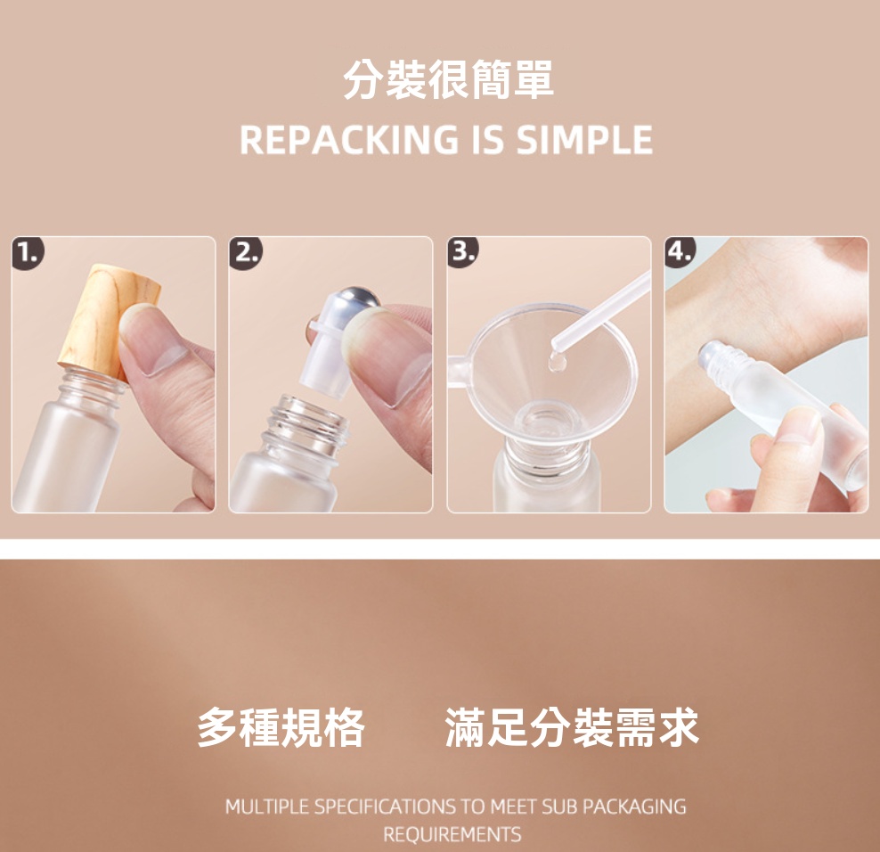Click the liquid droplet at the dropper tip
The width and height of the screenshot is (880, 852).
point(556,363)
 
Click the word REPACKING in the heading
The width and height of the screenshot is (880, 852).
point(349,140)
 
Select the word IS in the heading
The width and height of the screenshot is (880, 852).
point(487,140)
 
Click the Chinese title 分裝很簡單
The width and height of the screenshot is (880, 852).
point(448,79)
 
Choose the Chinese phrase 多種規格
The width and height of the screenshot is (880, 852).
point(281,727)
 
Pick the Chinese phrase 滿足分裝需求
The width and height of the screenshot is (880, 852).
point(572,727)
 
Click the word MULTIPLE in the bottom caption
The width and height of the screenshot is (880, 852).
point(268,807)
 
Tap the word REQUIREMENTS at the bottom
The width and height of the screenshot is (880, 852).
point(452,834)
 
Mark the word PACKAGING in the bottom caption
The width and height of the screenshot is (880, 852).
point(634,807)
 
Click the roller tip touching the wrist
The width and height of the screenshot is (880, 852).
point(708,353)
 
